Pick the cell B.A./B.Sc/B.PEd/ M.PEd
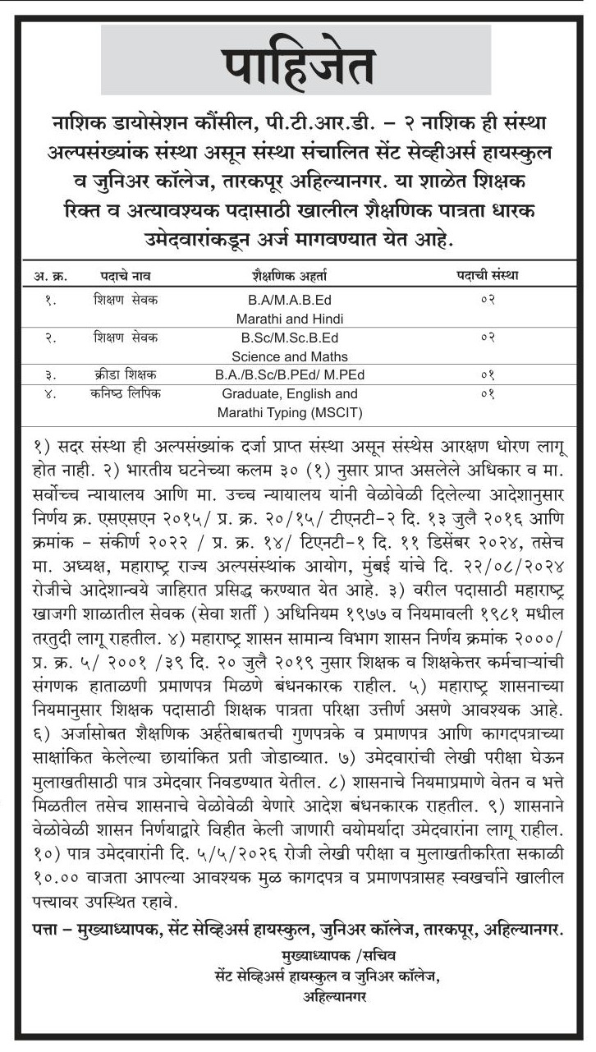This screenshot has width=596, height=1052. pos(289,374)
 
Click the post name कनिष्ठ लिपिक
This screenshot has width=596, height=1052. pos(126,393)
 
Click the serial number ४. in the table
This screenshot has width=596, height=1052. pos(51,393)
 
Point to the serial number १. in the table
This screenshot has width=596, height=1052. pos(51,300)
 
